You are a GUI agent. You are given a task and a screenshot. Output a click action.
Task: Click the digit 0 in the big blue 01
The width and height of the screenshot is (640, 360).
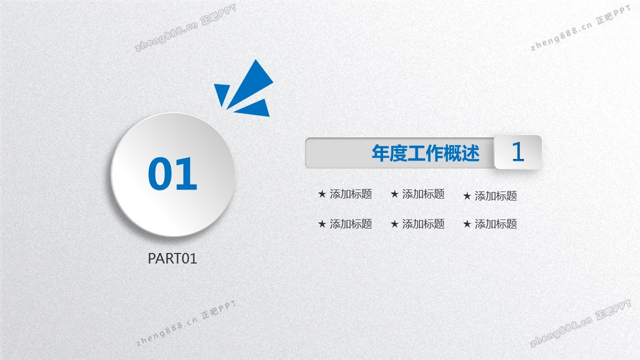click(x=159, y=173)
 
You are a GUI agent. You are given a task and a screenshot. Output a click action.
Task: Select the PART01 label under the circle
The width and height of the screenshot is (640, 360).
click(x=172, y=258)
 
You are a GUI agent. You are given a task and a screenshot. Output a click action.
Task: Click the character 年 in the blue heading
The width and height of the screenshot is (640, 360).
click(x=380, y=153)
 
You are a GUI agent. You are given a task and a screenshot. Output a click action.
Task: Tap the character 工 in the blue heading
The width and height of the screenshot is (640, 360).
click(x=416, y=153)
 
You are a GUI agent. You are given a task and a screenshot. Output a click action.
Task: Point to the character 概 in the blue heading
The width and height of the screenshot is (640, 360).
click(x=452, y=153)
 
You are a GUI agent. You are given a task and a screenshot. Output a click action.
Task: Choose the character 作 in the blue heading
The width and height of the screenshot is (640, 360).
click(x=434, y=153)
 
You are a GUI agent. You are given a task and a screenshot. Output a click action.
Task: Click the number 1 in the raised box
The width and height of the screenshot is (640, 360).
click(x=517, y=151)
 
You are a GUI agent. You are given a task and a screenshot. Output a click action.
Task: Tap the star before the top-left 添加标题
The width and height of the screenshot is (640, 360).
click(x=322, y=194)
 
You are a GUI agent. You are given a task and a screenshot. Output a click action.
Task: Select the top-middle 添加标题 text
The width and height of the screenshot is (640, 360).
click(x=423, y=194)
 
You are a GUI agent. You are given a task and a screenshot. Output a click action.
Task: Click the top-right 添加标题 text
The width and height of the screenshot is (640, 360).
click(x=495, y=196)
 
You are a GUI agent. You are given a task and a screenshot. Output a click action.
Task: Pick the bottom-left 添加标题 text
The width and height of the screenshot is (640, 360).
click(x=351, y=224)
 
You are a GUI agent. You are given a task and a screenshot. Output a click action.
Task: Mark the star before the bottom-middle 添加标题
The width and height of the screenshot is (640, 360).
click(x=394, y=224)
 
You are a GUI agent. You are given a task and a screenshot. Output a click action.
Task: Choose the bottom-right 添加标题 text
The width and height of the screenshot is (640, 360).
click(x=495, y=224)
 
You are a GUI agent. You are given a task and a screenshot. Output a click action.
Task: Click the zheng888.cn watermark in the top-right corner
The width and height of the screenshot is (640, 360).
click(x=561, y=36)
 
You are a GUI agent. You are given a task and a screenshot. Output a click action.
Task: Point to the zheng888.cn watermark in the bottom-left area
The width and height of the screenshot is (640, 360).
click(x=166, y=331)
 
